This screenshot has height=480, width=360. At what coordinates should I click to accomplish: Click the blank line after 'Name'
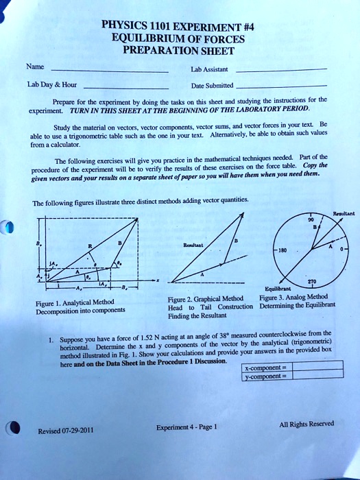pos(110,71)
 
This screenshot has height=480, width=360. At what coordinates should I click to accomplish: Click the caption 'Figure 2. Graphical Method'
pos(205,298)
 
